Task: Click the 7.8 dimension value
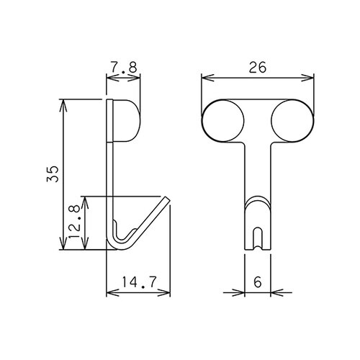click(124, 67)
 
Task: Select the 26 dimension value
click(258, 67)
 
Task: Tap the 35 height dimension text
click(53, 174)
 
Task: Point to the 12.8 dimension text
click(74, 221)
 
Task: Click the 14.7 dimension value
click(139, 282)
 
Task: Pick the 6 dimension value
click(258, 282)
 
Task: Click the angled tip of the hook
click(167, 199)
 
